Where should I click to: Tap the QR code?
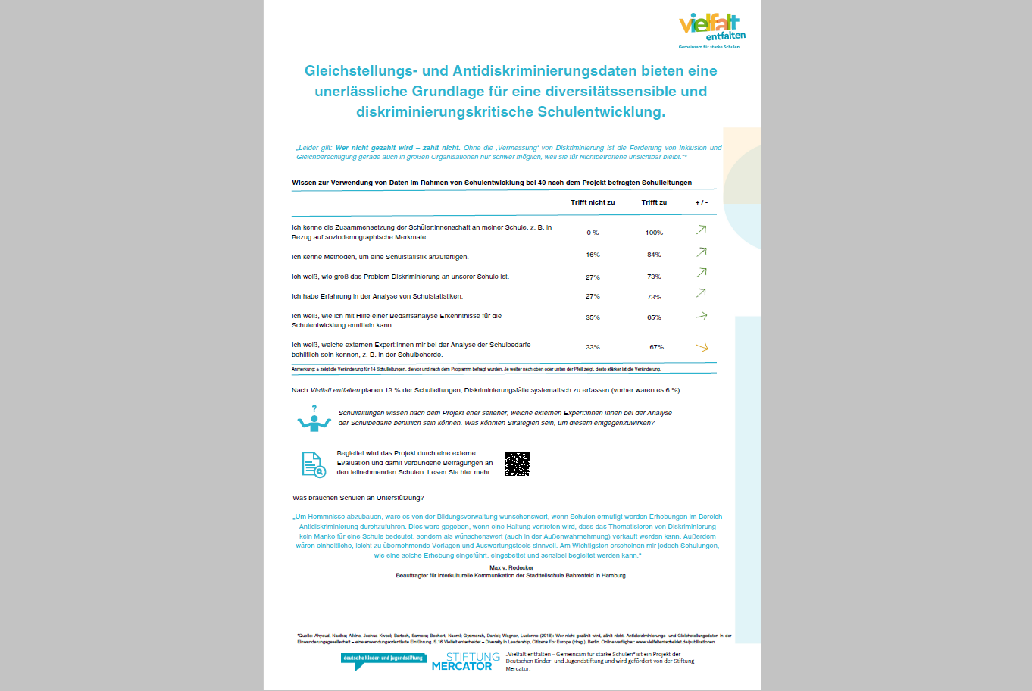(x=517, y=464)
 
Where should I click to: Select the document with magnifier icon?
(x=314, y=464)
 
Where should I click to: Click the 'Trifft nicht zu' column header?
(x=593, y=202)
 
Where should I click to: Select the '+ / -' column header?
(x=702, y=202)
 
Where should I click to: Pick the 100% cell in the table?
(x=654, y=233)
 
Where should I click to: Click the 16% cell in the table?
(x=593, y=255)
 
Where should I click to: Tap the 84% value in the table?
(x=654, y=255)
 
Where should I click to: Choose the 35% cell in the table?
(x=593, y=317)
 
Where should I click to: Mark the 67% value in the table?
(x=656, y=347)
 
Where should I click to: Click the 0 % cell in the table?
(x=593, y=233)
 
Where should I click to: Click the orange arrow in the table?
(x=702, y=347)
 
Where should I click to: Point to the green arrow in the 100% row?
(x=702, y=230)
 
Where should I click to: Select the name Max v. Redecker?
(x=511, y=567)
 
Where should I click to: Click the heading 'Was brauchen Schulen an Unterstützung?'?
(x=358, y=498)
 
